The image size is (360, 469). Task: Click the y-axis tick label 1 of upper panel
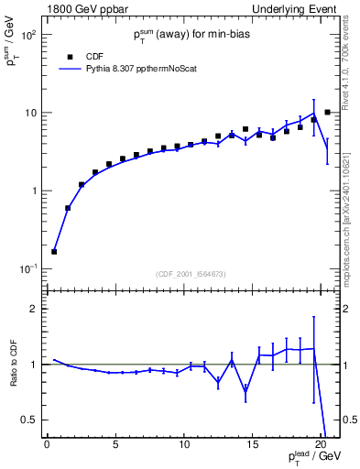pyautogui.click(x=33, y=191)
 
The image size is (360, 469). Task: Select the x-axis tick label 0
pyautogui.click(x=47, y=446)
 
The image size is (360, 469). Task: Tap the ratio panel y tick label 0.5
pyautogui.click(x=28, y=420)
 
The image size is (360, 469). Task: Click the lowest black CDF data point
pyautogui.click(x=54, y=251)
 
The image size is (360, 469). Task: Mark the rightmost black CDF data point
pyautogui.click(x=327, y=113)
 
